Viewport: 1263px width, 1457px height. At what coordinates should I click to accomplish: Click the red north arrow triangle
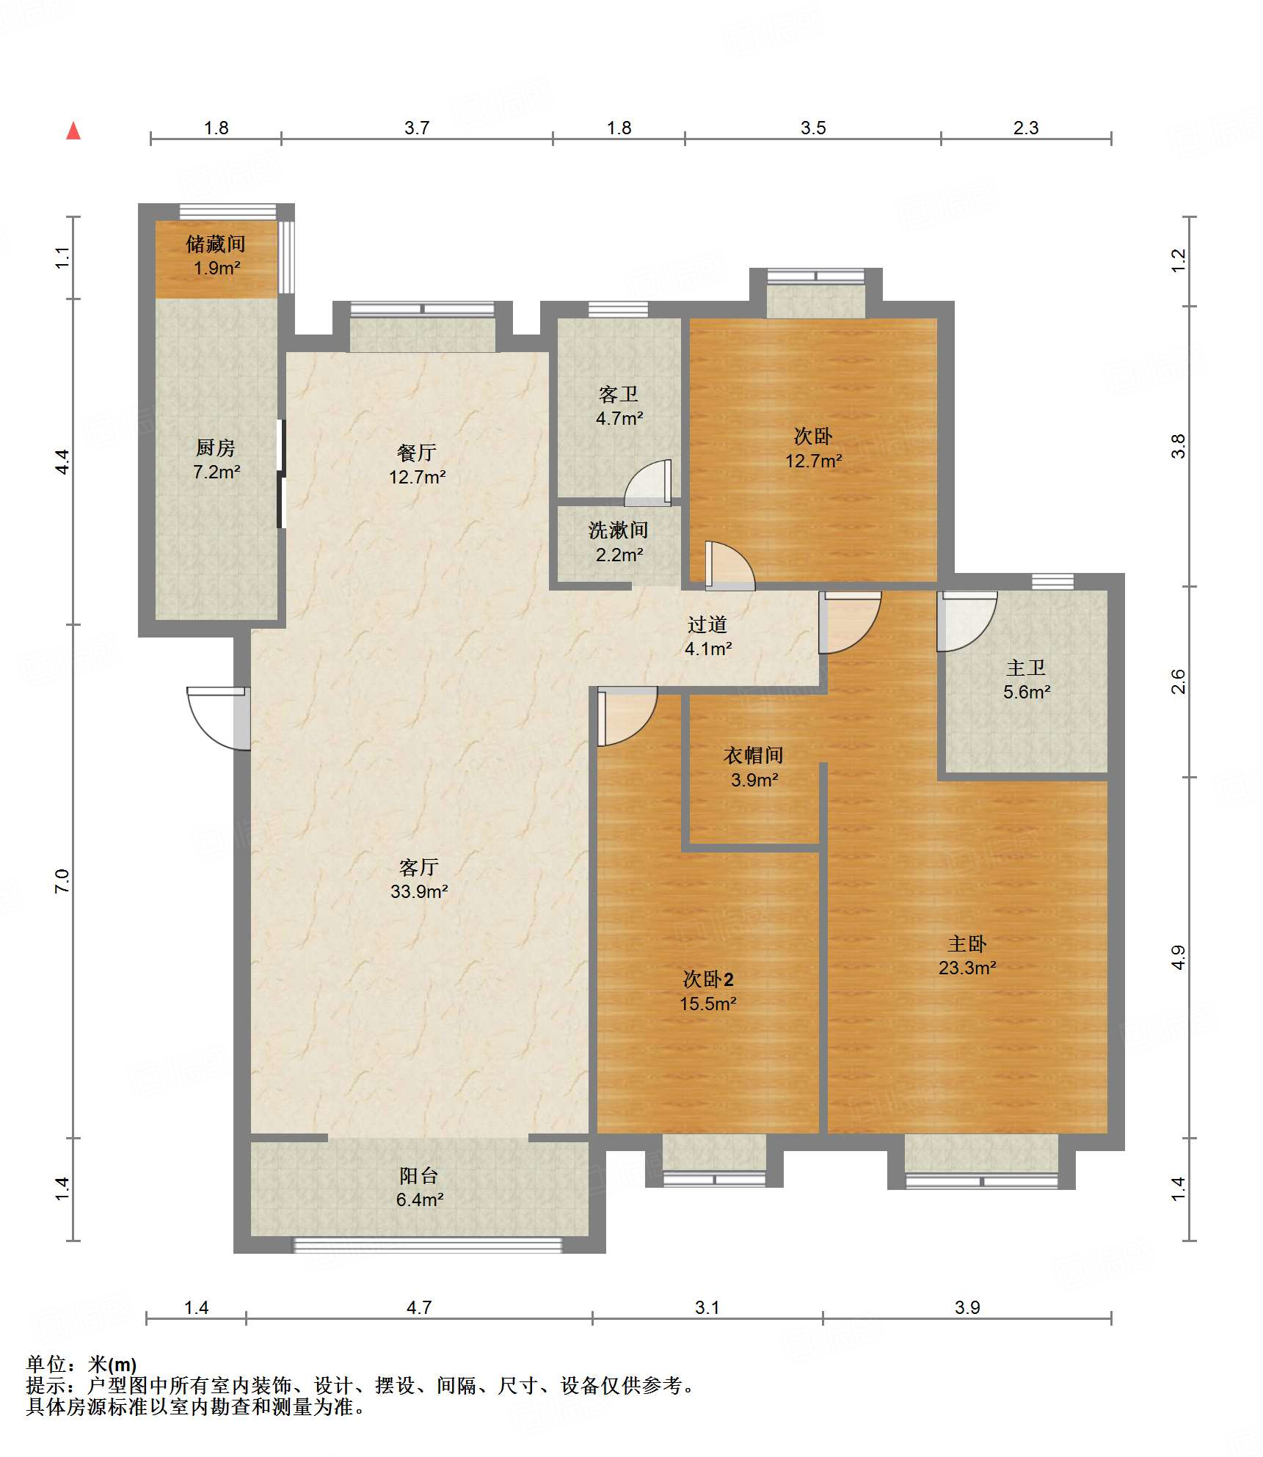coord(73,131)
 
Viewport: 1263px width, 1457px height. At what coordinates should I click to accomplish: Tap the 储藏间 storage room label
coord(216,244)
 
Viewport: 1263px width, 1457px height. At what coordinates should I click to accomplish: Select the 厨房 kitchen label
coord(216,448)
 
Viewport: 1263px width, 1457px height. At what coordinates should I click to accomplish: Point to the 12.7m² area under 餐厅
coord(417,477)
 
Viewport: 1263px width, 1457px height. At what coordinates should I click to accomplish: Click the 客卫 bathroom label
coord(619,395)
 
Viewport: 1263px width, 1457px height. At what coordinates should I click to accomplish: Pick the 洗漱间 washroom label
coord(619,530)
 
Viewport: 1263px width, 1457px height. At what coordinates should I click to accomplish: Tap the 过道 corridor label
coord(707,624)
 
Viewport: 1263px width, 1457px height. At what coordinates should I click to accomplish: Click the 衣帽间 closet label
coord(754,756)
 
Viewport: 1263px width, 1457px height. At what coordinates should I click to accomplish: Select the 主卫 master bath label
coord(1026,668)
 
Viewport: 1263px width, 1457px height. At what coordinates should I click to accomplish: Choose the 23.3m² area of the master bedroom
coord(967,968)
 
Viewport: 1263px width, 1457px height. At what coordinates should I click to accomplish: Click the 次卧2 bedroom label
coord(708,979)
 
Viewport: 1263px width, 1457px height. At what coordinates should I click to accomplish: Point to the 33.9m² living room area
coord(419,891)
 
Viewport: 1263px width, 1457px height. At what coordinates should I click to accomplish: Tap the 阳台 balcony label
coord(419,1176)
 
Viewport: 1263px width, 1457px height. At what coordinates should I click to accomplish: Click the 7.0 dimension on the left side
coord(62,881)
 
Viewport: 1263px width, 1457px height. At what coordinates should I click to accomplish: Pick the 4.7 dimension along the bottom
coord(419,1307)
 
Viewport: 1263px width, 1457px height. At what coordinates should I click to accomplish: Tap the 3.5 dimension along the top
coord(813,128)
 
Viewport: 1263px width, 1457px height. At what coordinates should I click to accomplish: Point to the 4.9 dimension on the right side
coord(1178,958)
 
